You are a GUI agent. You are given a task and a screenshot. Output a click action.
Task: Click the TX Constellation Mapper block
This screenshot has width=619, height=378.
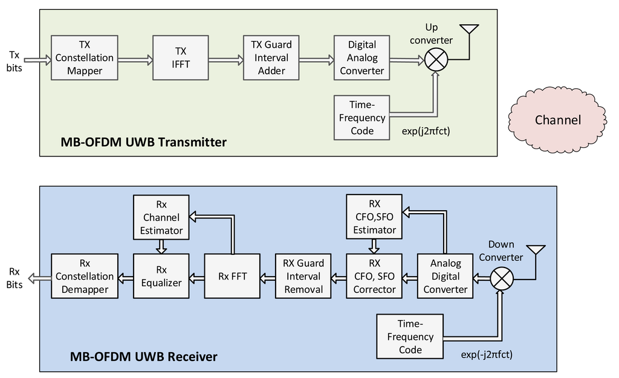(85, 58)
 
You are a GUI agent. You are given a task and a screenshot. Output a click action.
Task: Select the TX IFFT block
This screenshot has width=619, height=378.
(180, 58)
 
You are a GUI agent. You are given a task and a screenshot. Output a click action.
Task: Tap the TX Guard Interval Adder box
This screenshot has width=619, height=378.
(271, 58)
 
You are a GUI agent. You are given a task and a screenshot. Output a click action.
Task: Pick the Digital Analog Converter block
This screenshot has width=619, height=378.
(361, 58)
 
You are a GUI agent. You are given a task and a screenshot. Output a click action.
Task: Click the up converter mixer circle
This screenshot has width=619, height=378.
(436, 60)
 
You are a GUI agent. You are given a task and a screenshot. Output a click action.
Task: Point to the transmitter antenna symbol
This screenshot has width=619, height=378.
(469, 30)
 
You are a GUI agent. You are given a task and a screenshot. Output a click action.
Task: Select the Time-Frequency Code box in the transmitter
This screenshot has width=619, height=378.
(361, 118)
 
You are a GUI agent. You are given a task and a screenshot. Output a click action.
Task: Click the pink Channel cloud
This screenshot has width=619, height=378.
(557, 120)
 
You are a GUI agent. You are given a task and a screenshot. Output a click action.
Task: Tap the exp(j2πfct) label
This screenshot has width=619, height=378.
(426, 131)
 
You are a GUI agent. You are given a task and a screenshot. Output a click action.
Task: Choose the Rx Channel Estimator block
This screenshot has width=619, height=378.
(161, 217)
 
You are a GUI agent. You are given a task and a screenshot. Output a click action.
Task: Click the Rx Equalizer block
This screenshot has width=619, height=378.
(161, 276)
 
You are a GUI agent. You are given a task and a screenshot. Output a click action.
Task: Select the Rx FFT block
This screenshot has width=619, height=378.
(232, 276)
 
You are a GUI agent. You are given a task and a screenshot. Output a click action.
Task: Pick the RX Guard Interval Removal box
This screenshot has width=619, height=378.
(303, 276)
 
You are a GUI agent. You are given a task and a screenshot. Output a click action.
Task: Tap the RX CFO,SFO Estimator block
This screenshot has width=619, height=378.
(374, 216)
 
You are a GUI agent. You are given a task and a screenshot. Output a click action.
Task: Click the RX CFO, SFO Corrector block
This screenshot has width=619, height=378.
(374, 276)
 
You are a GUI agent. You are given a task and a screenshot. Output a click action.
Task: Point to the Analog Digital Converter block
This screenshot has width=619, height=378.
(446, 276)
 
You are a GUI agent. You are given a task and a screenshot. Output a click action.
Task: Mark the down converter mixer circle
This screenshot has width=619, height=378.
(502, 279)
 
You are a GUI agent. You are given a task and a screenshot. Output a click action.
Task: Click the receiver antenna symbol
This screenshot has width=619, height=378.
(536, 250)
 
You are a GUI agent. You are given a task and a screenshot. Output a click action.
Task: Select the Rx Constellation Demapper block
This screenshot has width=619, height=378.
(85, 276)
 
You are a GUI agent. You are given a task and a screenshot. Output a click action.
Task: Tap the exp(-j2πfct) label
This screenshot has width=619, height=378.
(487, 354)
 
